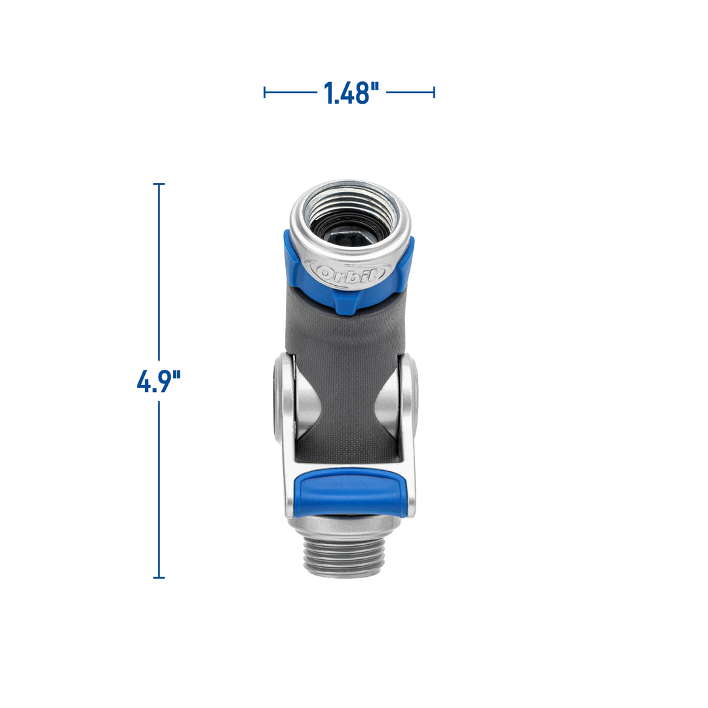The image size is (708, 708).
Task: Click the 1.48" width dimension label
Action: (x=351, y=93)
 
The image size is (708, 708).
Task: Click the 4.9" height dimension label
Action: (x=158, y=381)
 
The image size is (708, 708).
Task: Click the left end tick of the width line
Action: (x=264, y=92)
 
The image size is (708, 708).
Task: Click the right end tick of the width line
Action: (x=434, y=92)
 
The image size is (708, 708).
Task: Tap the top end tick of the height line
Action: (x=159, y=184)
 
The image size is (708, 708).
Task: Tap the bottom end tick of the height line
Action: (x=159, y=578)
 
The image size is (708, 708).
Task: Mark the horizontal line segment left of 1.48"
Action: (x=290, y=92)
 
